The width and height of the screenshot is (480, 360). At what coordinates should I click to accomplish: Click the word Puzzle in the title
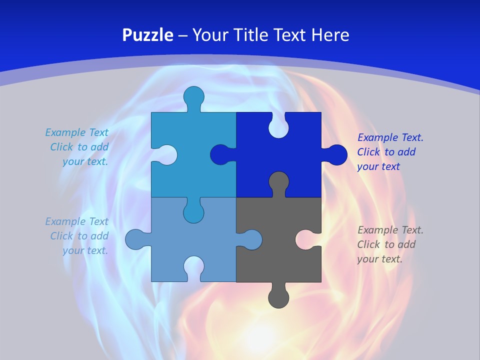pyautogui.click(x=148, y=35)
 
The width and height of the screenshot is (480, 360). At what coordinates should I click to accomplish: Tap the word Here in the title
pyautogui.click(x=330, y=35)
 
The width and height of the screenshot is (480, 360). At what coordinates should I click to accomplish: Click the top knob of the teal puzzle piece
pyautogui.click(x=193, y=96)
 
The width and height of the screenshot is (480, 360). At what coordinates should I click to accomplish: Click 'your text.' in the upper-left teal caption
pyautogui.click(x=85, y=161)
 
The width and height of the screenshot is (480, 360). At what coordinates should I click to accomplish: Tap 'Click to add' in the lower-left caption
pyautogui.click(x=79, y=235)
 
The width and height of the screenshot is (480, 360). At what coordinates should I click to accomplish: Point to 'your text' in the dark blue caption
pyautogui.click(x=378, y=166)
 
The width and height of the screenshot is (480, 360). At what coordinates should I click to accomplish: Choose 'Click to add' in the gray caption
pyautogui.click(x=386, y=244)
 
